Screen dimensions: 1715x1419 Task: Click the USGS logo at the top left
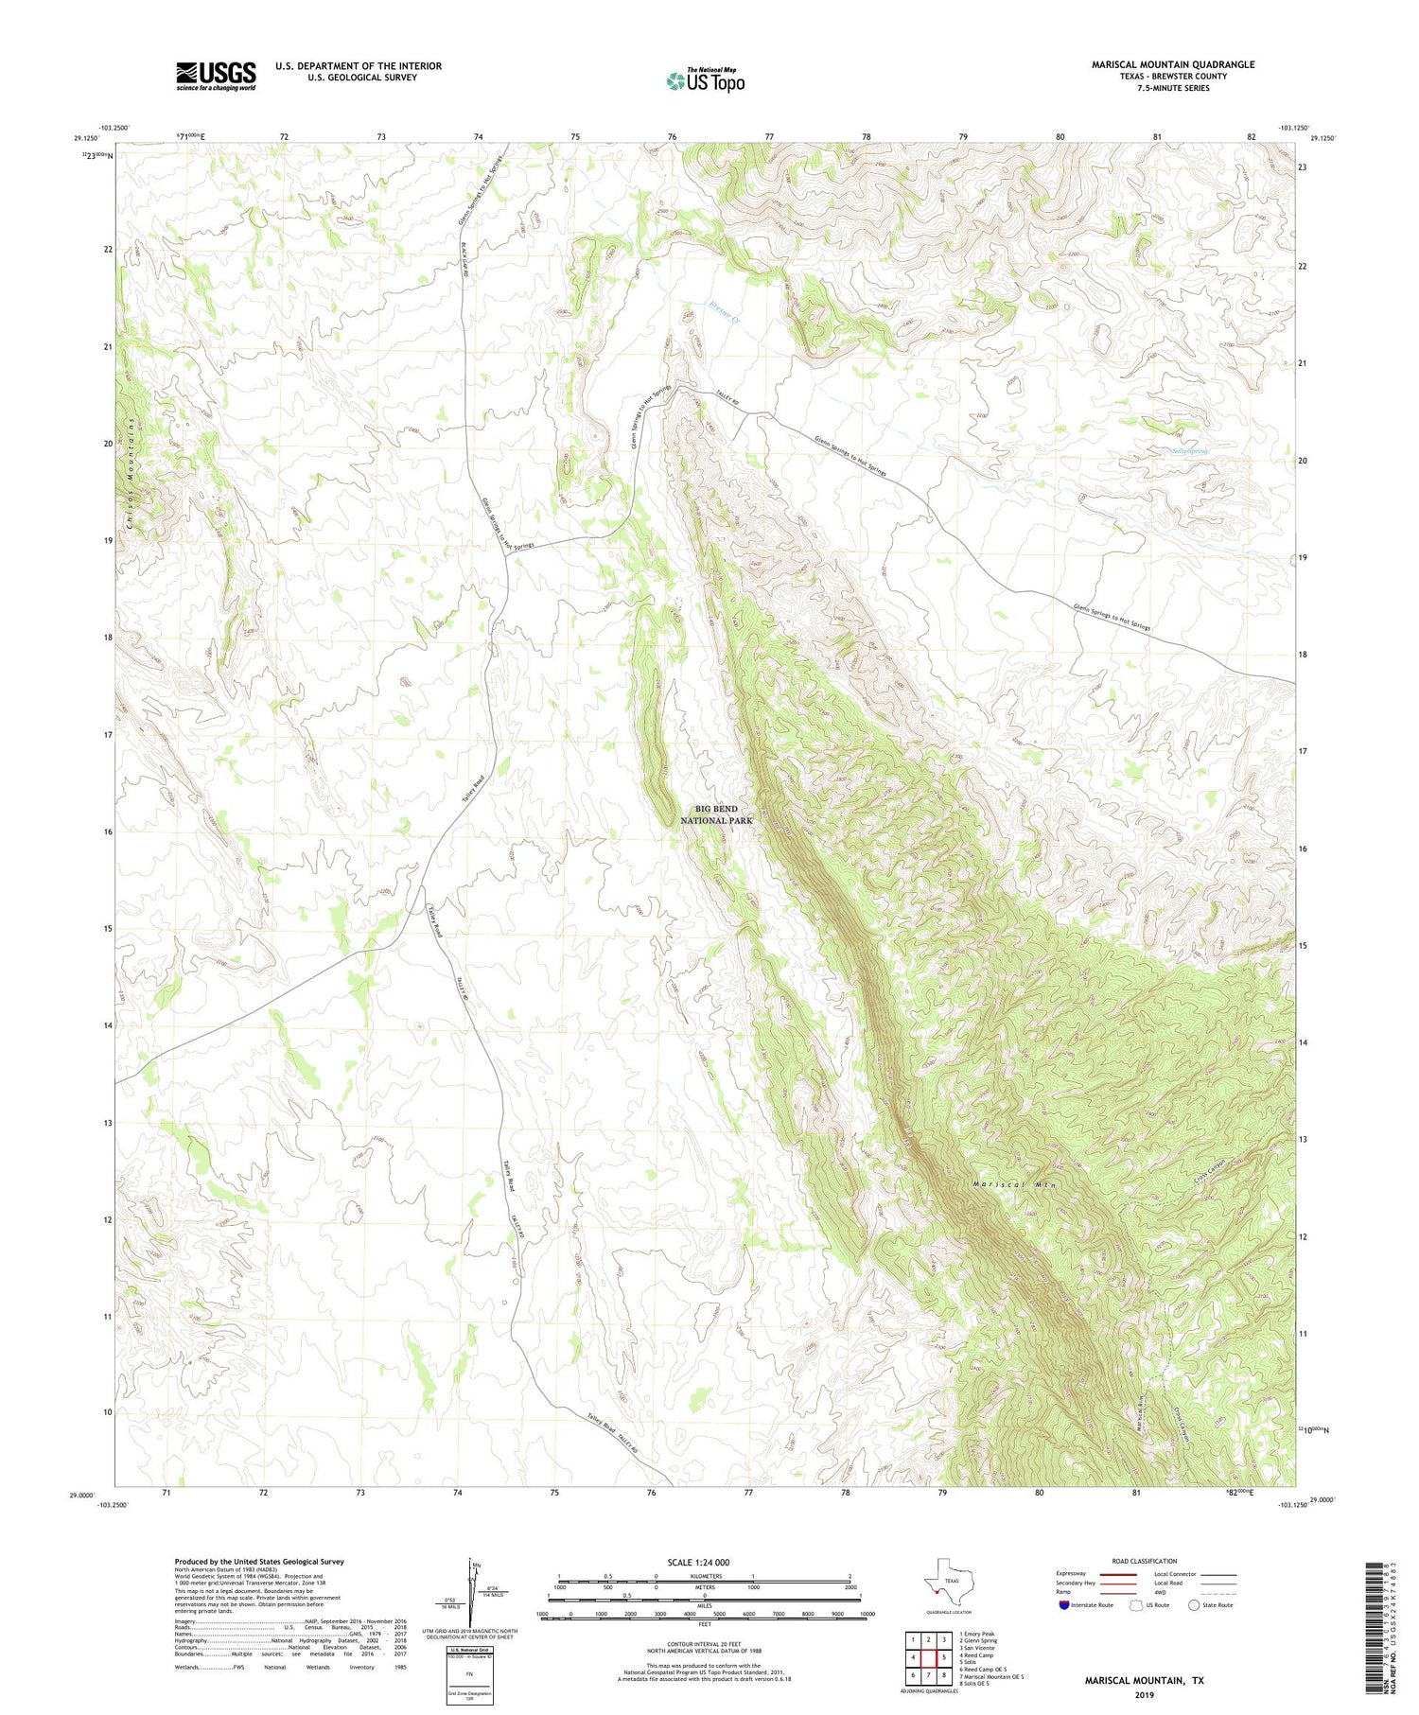tap(216, 76)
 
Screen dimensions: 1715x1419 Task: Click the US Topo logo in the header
tap(705, 81)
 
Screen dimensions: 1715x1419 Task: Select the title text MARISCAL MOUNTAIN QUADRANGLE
tap(1172, 64)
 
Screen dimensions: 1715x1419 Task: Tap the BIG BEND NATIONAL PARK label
tap(716, 814)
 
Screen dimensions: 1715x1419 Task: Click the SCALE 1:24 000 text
tap(704, 1562)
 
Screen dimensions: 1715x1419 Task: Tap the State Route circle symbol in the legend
tap(1194, 1604)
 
